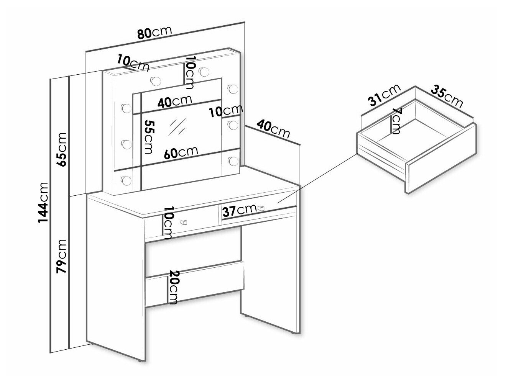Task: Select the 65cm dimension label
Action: click(61, 149)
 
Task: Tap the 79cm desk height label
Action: click(61, 255)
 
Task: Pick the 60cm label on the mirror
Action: click(181, 152)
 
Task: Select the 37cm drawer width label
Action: click(240, 210)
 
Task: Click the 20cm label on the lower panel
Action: click(173, 287)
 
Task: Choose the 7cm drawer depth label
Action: click(396, 121)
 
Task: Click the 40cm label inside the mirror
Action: click(174, 101)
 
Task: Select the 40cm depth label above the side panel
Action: click(273, 129)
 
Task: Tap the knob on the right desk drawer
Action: click(261, 208)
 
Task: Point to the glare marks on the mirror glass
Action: click(177, 125)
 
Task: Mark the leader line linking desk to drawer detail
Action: click(318, 178)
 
